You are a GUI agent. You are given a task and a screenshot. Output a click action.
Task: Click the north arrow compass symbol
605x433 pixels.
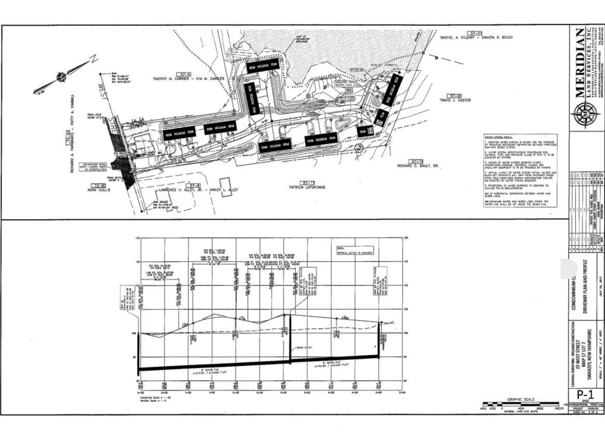click(61, 77)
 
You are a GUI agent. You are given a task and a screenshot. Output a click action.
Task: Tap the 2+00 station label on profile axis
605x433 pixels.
click(236, 393)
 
